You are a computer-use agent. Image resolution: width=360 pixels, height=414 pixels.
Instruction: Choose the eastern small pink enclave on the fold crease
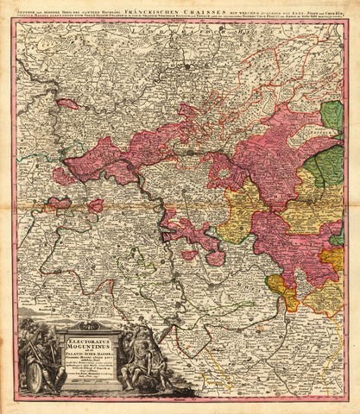click(x=95, y=205)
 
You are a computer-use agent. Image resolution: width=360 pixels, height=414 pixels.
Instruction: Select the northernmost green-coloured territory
click(x=332, y=116)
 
